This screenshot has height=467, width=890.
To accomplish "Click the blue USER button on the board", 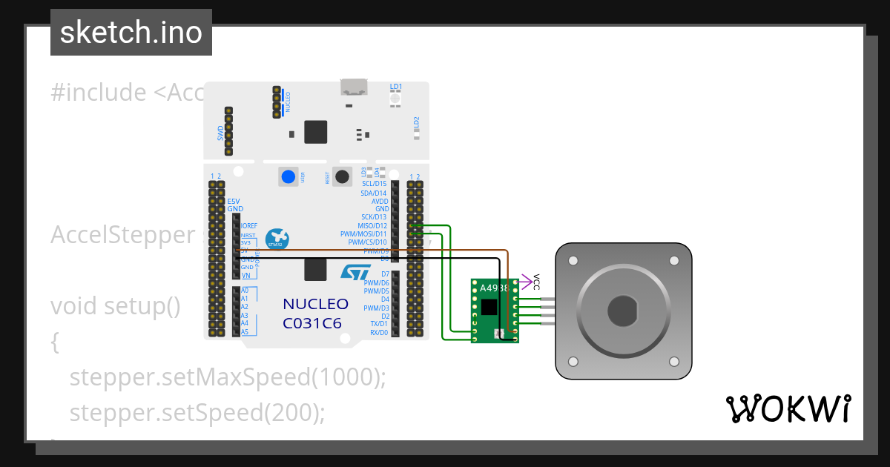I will click(288, 177).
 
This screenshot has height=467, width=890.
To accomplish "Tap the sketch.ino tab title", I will click(131, 33).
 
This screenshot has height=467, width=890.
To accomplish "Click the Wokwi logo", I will click(788, 408).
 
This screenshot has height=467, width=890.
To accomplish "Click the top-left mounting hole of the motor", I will click(573, 261).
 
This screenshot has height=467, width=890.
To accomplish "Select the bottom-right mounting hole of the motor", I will click(673, 361).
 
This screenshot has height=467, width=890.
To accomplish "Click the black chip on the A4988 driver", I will click(489, 307).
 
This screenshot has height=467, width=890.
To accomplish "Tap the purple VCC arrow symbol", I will click(528, 281).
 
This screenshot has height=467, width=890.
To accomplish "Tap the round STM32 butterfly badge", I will click(277, 239).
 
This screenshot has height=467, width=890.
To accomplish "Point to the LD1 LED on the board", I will click(395, 98).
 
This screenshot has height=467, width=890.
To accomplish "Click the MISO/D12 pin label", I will click(373, 225).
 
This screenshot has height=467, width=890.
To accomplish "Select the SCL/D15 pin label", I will click(375, 184).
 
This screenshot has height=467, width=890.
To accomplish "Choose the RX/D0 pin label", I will click(379, 333).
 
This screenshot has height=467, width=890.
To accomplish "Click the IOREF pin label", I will click(249, 225).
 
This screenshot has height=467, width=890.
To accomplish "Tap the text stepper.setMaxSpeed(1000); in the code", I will click(228, 377).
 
